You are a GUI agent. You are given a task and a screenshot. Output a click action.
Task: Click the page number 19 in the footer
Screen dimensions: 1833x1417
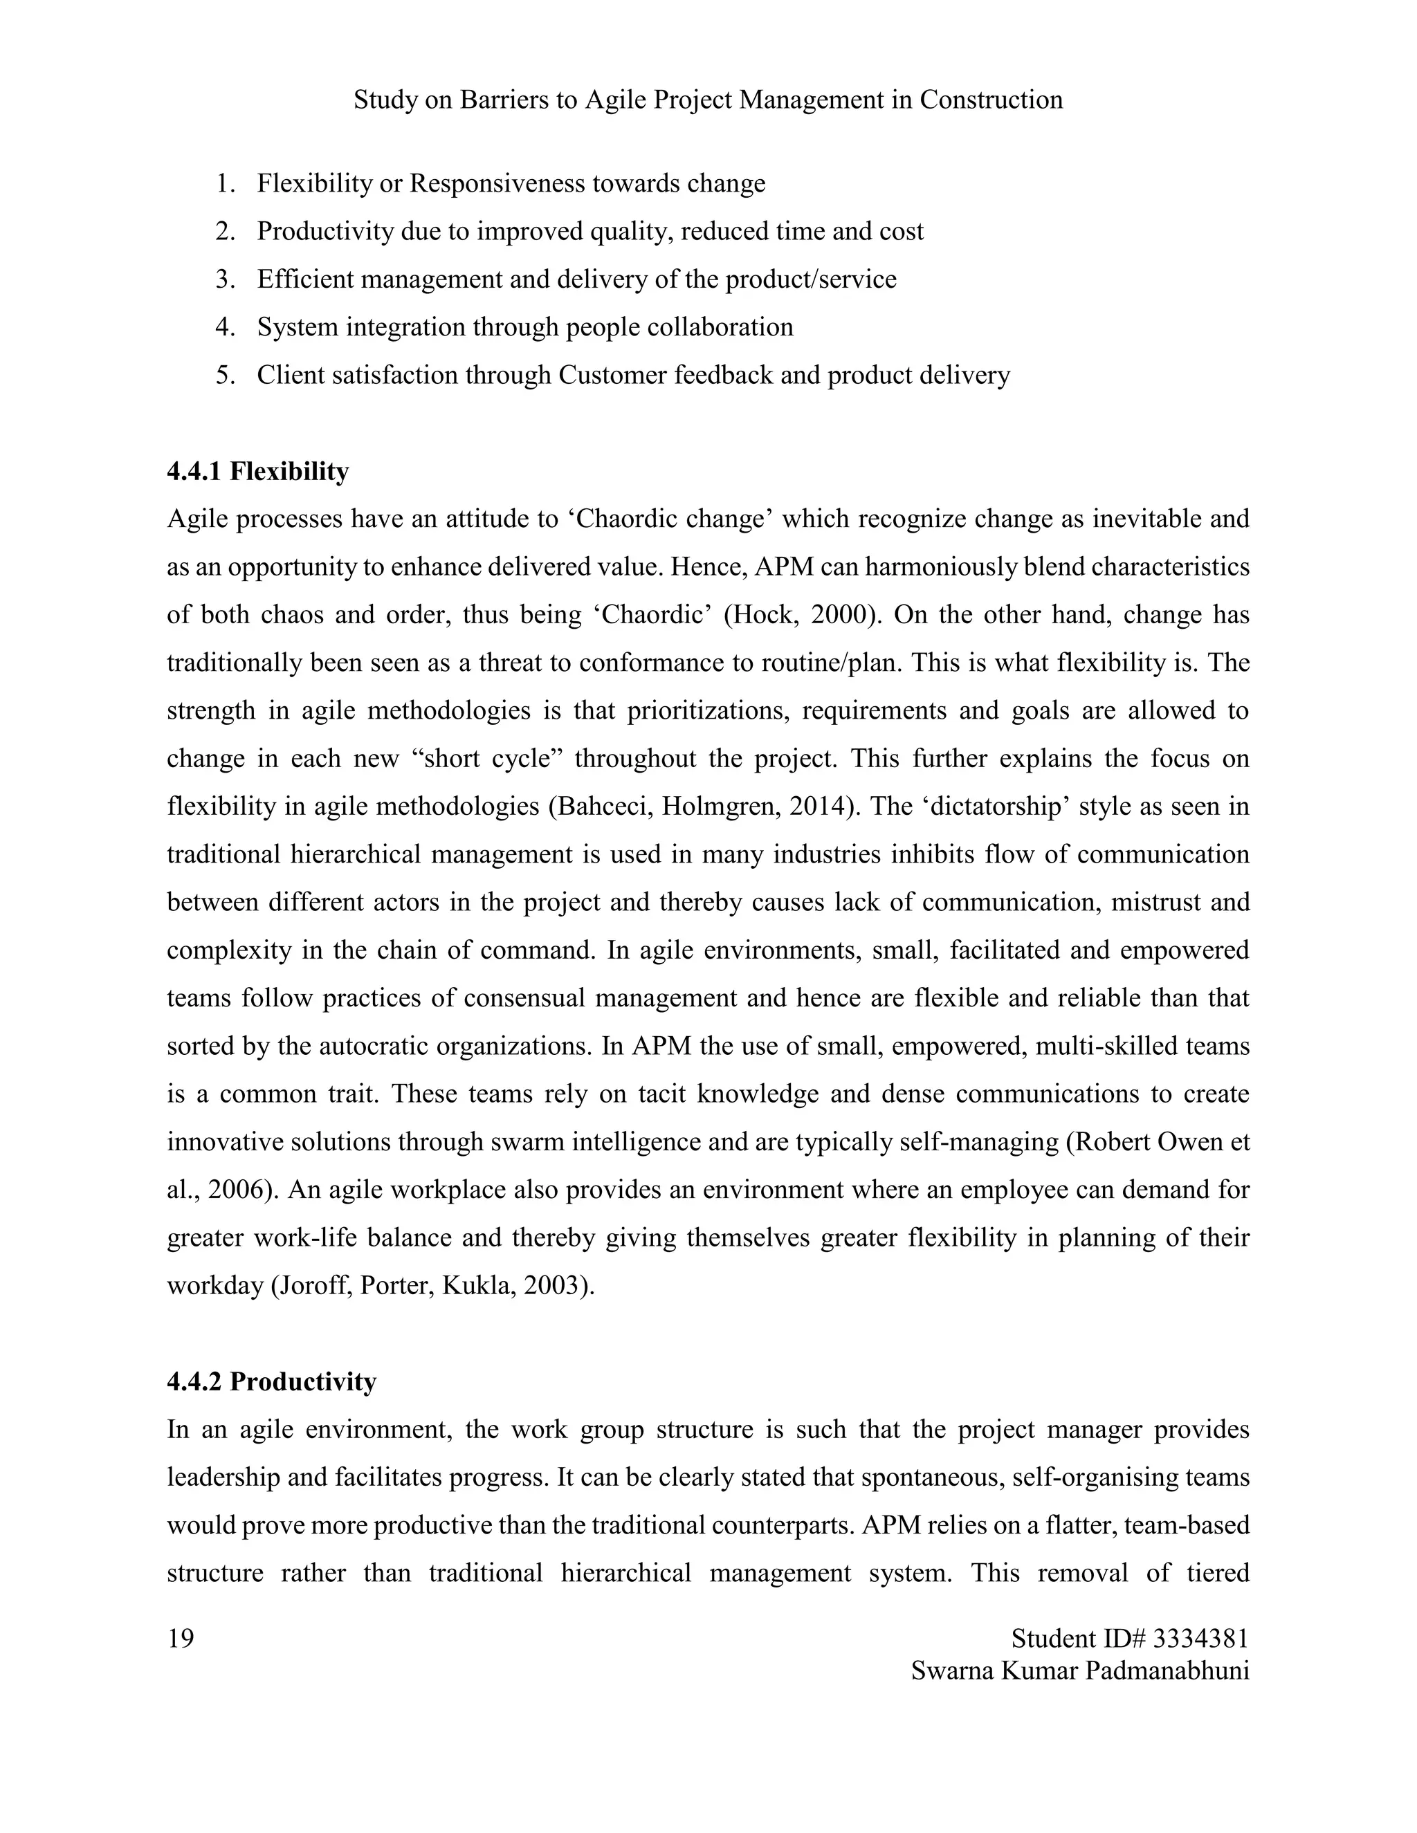181,1637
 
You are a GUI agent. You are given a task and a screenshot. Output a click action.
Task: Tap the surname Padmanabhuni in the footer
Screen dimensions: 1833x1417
1167,1670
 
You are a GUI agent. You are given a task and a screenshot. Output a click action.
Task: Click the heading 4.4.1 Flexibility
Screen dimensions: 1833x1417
257,472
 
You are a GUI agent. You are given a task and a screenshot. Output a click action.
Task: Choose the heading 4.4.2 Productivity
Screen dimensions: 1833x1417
271,1381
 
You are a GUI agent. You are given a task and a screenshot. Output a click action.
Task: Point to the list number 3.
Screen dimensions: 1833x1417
224,279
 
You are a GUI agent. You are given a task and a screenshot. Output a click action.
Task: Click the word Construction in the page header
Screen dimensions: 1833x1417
991,100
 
